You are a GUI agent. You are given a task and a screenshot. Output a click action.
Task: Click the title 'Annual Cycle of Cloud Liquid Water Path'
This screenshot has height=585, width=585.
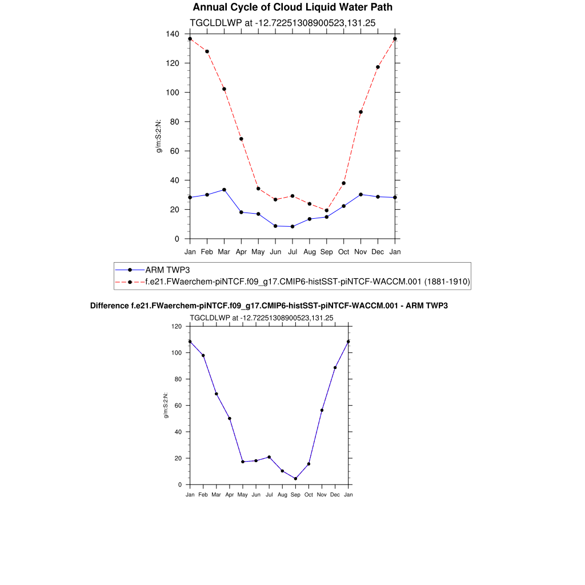coord(292,7)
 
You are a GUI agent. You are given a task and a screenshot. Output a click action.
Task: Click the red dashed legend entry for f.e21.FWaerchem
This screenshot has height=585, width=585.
coord(307,282)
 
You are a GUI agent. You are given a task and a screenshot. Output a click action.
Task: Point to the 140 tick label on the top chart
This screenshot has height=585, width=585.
coord(173,34)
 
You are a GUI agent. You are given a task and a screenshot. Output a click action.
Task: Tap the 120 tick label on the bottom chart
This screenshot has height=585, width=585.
coord(176,326)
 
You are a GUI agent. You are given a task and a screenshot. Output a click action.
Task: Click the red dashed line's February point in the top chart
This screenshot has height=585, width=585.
coord(207,51)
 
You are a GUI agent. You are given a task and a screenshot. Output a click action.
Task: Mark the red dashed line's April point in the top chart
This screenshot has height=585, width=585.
coord(241,139)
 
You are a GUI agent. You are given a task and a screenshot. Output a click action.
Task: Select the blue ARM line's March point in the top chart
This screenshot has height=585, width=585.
coord(224,190)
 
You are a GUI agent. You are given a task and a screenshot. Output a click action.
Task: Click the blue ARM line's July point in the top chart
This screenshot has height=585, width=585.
coord(292,226)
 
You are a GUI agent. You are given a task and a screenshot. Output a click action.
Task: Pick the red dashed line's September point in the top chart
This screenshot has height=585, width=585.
coord(327,210)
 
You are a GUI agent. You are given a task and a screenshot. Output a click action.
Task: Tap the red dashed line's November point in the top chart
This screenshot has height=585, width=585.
coord(360,112)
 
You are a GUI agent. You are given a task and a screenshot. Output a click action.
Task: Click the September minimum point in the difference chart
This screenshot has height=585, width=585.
coord(295,479)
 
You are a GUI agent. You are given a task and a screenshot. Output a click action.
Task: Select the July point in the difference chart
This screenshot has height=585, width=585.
coord(269,457)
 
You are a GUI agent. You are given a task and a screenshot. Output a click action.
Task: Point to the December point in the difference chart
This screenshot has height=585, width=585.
coord(335,367)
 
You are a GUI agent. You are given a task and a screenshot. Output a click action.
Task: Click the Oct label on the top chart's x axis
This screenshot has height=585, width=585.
coord(344,252)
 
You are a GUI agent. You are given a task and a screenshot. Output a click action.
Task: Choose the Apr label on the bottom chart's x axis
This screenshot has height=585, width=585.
coord(229,495)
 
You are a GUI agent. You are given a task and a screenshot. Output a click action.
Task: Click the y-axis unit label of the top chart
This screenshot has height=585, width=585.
coord(159,136)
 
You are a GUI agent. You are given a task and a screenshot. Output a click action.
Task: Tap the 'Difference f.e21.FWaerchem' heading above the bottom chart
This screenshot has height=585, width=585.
coord(269,306)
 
